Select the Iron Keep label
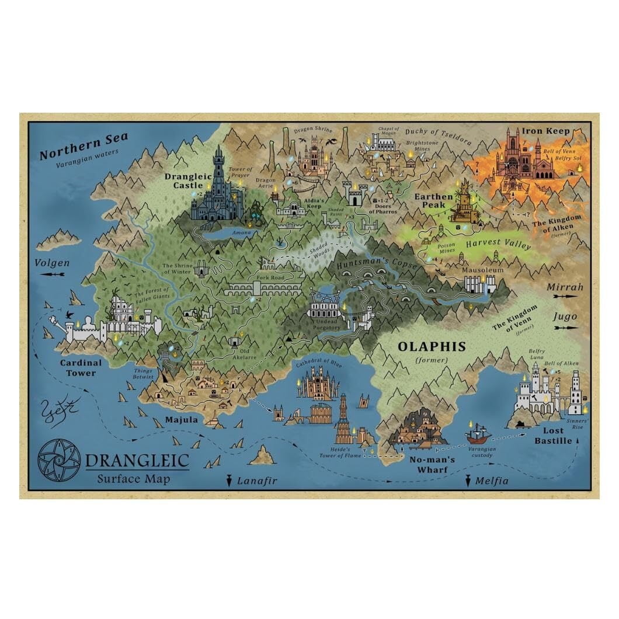click(x=545, y=131)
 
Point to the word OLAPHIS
click(x=432, y=346)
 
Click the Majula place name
click(x=181, y=419)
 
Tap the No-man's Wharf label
click(x=432, y=464)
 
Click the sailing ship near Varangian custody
click(x=478, y=435)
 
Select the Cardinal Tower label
click(x=81, y=367)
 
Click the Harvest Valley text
click(x=498, y=244)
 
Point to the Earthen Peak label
click(x=433, y=201)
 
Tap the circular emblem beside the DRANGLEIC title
click(x=59, y=460)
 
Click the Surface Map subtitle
click(x=134, y=479)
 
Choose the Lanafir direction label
click(x=256, y=481)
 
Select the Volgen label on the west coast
click(x=52, y=263)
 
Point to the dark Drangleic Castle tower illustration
click(x=218, y=184)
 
